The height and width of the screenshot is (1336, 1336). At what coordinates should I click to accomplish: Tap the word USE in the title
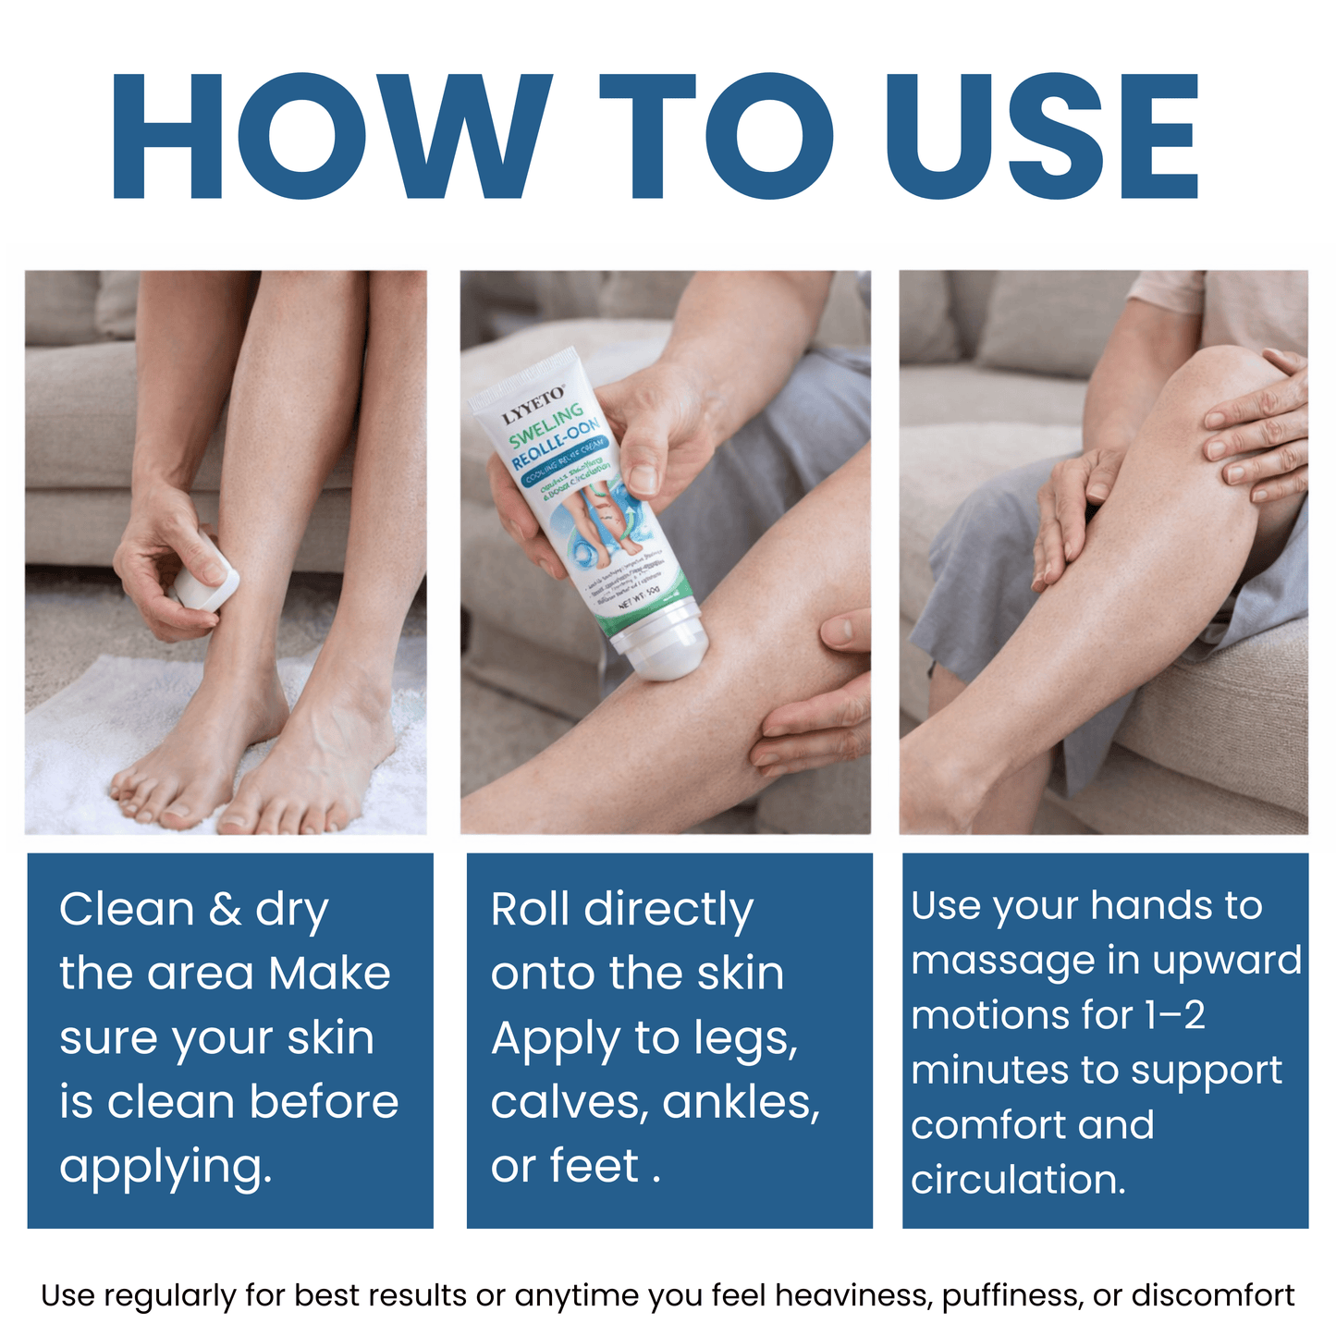tap(1042, 137)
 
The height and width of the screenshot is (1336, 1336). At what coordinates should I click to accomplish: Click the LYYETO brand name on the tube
tap(533, 408)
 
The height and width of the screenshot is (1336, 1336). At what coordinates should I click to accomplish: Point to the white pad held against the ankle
tap(205, 588)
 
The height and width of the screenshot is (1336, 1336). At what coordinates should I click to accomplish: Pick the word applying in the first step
tap(166, 1167)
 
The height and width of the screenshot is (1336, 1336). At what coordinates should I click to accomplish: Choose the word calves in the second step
tap(570, 1102)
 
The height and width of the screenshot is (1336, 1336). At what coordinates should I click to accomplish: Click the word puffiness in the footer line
tap(1011, 1296)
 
